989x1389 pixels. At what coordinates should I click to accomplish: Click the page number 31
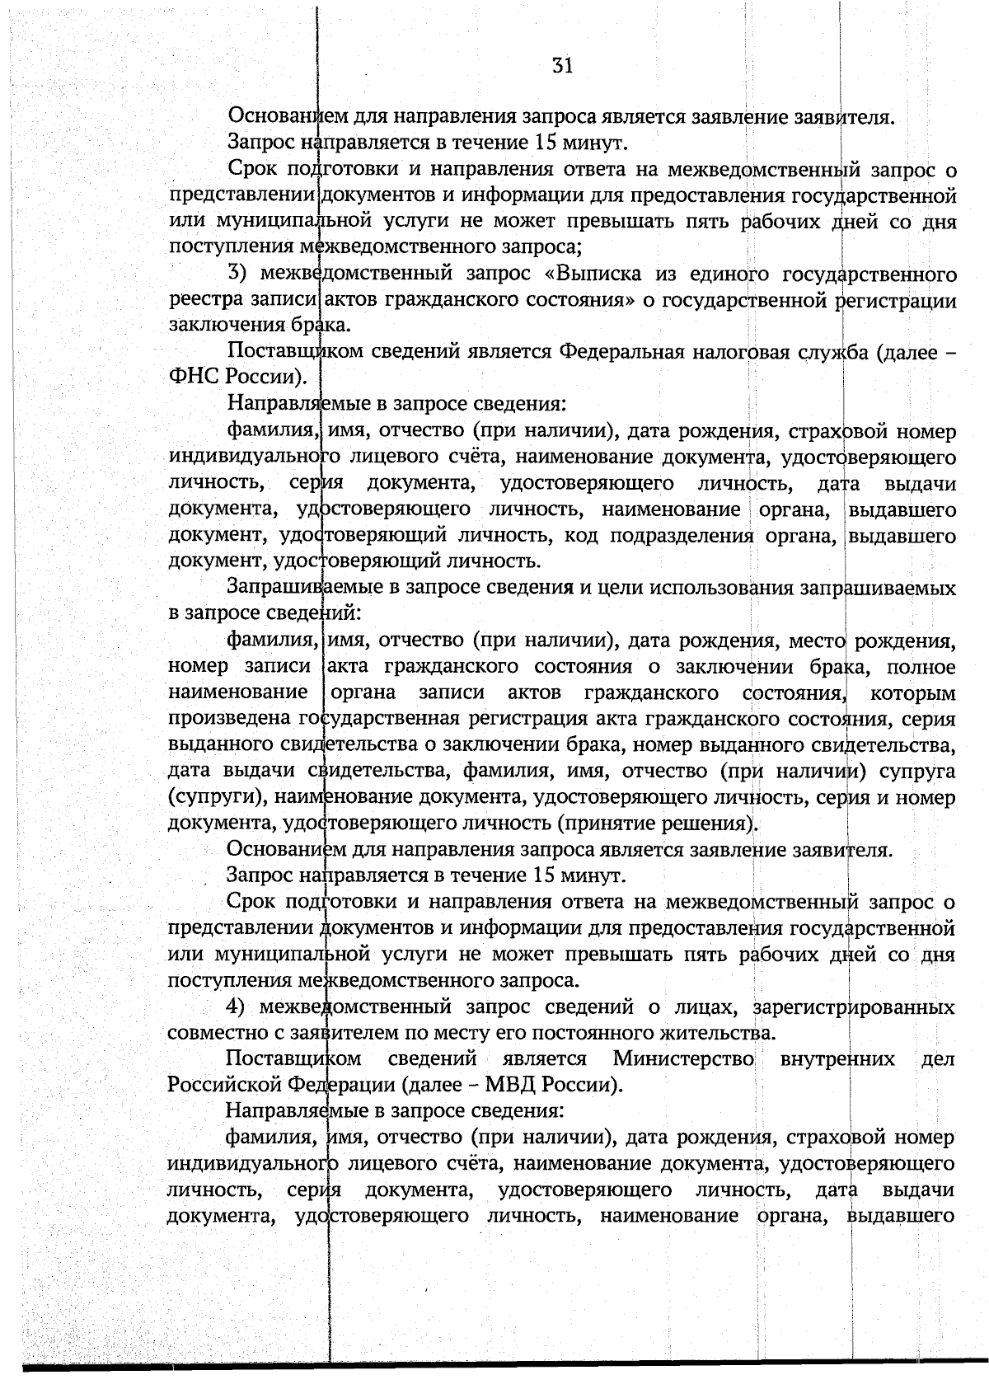pos(562,66)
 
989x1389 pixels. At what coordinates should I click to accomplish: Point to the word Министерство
pos(683,1058)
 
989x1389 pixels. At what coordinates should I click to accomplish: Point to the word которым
pos(913,692)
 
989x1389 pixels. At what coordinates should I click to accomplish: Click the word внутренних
pos(837,1058)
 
